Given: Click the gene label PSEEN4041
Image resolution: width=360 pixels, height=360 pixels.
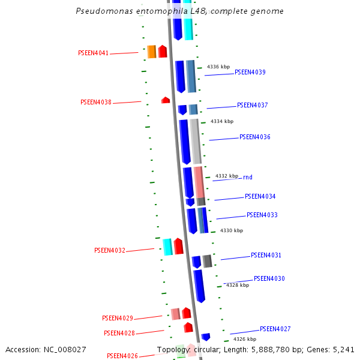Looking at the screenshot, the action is (x=94, y=53).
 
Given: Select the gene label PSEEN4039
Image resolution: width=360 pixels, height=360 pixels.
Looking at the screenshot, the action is (x=250, y=73).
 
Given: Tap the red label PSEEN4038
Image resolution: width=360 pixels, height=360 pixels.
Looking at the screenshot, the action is (x=96, y=103).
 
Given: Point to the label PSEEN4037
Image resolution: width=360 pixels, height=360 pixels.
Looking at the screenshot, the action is (x=253, y=106).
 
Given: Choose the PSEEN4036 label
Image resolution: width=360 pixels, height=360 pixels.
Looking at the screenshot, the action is (x=255, y=137).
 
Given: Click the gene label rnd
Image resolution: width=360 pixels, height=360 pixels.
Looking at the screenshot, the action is (x=248, y=178).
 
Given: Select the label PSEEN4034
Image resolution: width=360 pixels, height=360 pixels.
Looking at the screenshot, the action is (x=260, y=197).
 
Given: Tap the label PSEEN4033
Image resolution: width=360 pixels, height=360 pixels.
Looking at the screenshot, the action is (x=262, y=215).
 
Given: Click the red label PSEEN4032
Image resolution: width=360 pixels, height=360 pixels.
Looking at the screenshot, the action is (x=110, y=251).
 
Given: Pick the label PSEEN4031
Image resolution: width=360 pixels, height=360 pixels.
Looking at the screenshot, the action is (x=266, y=256).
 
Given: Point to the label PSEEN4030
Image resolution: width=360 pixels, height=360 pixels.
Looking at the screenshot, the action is (x=269, y=279).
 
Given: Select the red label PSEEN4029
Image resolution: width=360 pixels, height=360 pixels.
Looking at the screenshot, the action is (x=118, y=319).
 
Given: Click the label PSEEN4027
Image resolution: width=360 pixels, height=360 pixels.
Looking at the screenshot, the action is (x=275, y=329).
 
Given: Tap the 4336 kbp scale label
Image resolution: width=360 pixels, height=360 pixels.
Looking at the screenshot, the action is (x=218, y=67).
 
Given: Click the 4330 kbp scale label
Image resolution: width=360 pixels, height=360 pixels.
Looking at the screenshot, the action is (x=232, y=230).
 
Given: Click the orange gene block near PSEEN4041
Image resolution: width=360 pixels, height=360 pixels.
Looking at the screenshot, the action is (x=152, y=52).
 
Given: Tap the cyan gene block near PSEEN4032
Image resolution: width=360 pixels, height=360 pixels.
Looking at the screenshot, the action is (x=168, y=247).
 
